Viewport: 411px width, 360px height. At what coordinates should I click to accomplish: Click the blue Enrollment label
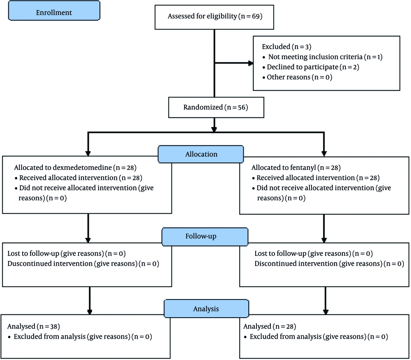click(x=54, y=11)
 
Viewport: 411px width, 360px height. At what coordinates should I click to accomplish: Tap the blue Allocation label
click(x=201, y=154)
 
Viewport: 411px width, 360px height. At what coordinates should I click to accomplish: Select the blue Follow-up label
click(x=205, y=237)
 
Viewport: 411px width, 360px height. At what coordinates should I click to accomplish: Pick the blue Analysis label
click(x=206, y=309)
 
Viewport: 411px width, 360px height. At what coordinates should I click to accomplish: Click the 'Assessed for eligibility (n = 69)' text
click(x=215, y=16)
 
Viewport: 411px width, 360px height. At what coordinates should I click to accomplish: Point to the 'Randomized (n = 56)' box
click(x=216, y=107)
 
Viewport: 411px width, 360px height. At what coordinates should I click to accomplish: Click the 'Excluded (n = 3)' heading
click(x=286, y=47)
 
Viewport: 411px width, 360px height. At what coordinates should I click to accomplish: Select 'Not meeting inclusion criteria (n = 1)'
click(x=325, y=57)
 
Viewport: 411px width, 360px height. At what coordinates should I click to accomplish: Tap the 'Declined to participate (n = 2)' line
click(x=313, y=67)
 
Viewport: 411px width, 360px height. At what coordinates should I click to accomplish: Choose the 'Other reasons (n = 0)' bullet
click(x=299, y=77)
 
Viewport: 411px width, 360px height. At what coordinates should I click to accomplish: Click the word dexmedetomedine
click(x=86, y=168)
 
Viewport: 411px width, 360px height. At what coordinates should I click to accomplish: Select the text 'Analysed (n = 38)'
click(x=34, y=327)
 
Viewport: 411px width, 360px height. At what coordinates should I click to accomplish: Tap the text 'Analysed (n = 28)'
click(x=270, y=327)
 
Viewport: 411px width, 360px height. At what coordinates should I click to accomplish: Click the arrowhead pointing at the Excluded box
click(x=251, y=63)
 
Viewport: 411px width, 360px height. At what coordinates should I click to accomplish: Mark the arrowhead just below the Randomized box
click(x=214, y=129)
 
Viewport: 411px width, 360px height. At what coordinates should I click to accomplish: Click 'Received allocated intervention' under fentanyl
click(x=306, y=178)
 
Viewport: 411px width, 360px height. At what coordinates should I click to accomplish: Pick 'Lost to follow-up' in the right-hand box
click(x=280, y=254)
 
